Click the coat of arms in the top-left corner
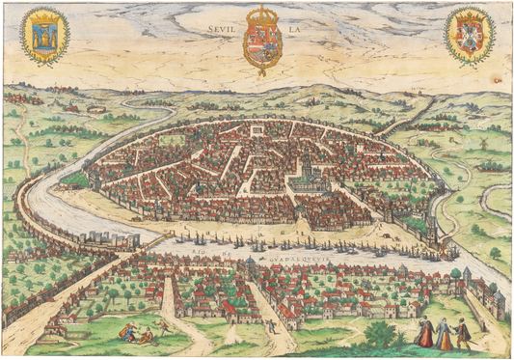coord(43,35)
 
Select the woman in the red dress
coord(424,334)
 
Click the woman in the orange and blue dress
coord(444,334)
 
